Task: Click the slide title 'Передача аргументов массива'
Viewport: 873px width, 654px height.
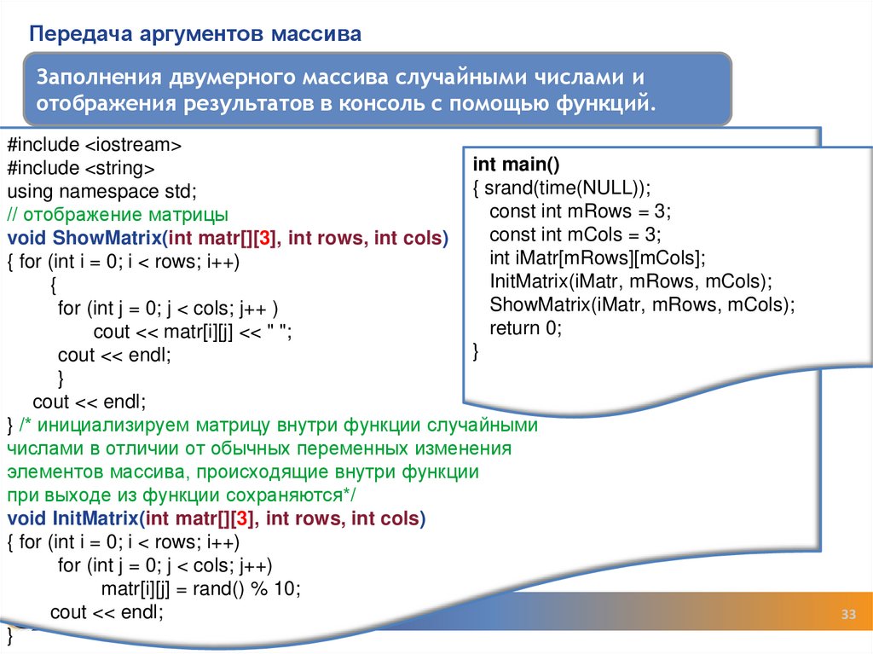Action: click(196, 34)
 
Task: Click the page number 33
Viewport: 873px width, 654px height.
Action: click(848, 616)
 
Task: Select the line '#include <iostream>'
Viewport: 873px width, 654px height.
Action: click(94, 142)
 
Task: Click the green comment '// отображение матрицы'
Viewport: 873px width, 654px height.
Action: click(118, 214)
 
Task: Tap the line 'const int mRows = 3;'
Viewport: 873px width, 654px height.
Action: click(581, 211)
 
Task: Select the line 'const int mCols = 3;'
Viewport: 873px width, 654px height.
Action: click(575, 234)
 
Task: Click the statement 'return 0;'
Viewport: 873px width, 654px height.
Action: click(526, 328)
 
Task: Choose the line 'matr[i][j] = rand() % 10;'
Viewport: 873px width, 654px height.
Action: click(201, 588)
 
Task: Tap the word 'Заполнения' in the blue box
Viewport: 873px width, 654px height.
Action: click(95, 78)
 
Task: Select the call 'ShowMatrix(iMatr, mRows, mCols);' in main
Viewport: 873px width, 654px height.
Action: click(642, 305)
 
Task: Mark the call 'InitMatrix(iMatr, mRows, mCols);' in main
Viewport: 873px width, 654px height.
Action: click(631, 281)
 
